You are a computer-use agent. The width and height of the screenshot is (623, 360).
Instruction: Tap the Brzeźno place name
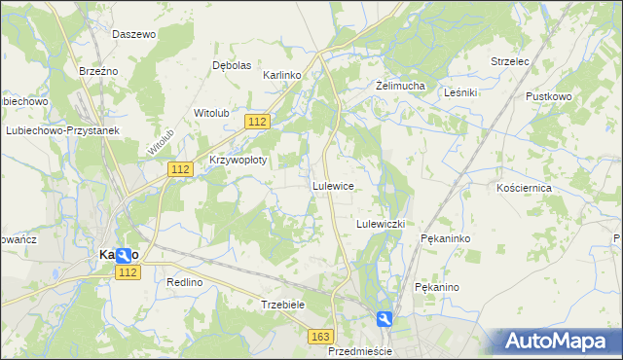click(98, 71)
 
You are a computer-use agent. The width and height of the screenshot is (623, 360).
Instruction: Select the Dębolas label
click(232, 65)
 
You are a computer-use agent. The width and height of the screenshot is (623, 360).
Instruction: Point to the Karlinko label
click(284, 74)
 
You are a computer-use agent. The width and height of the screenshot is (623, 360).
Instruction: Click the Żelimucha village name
click(401, 86)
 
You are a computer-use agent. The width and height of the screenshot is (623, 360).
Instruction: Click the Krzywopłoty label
click(238, 159)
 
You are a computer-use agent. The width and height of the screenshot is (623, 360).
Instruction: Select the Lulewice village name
click(332, 185)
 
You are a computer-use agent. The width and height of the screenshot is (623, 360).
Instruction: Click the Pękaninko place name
click(446, 237)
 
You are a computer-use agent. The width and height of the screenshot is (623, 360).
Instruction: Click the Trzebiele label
click(283, 305)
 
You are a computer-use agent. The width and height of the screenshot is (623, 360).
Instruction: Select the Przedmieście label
click(360, 350)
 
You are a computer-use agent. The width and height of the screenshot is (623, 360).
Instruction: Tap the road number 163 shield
click(320, 336)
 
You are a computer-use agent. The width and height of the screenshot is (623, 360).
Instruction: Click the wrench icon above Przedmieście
click(385, 318)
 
